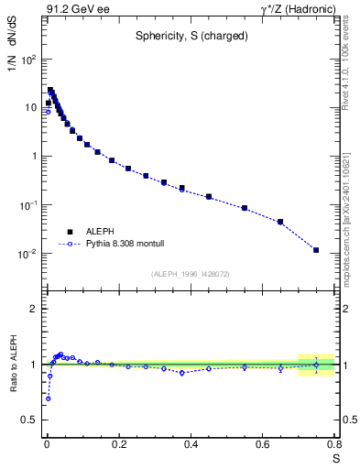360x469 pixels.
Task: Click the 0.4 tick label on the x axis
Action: (191, 444)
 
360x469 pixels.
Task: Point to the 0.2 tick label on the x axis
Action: (118, 444)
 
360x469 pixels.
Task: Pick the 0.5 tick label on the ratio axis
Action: (30, 420)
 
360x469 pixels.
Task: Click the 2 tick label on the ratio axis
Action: (35, 309)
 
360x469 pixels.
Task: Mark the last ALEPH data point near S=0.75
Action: (316, 250)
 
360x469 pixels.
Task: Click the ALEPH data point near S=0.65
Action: (280, 222)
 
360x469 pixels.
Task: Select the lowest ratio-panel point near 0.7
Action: (48, 398)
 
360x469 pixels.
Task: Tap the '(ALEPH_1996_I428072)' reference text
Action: (191, 274)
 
